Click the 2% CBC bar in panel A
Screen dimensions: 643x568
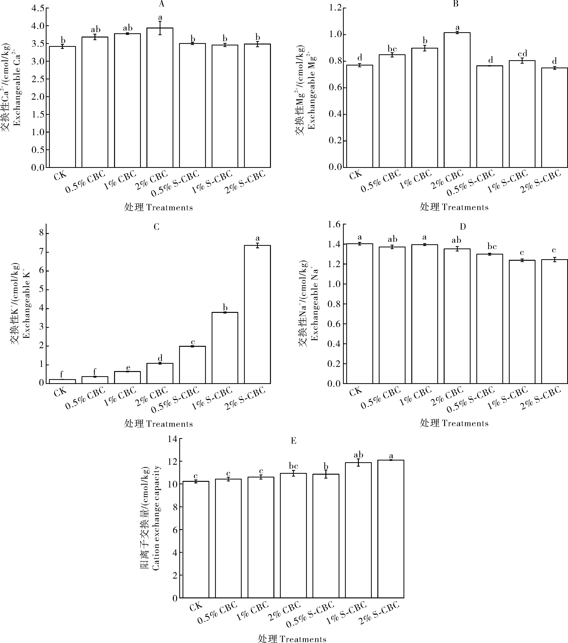coord(160,98)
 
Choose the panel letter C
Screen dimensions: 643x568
coord(156,227)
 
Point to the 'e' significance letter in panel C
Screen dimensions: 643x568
coord(127,368)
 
